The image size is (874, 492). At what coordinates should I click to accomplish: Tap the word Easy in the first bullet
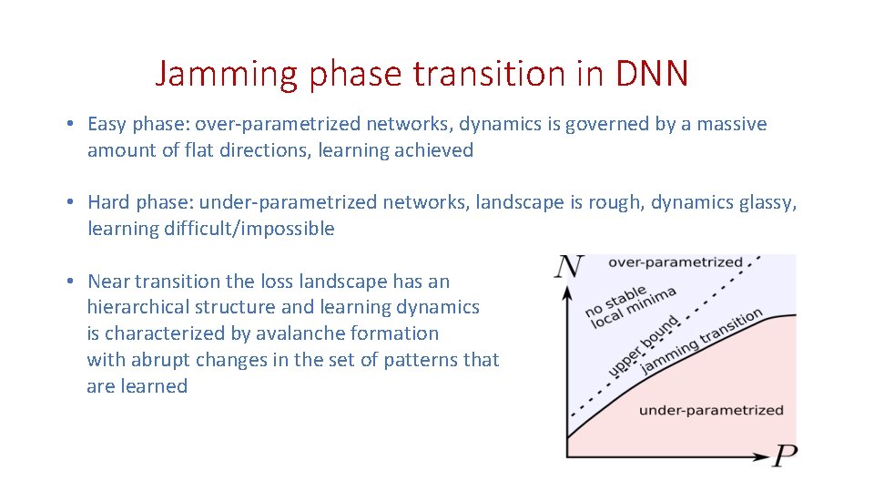(x=108, y=124)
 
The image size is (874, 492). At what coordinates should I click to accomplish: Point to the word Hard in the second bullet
(x=110, y=202)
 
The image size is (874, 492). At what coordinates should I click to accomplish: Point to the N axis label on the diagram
(x=569, y=267)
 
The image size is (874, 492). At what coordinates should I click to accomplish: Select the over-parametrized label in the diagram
(x=675, y=262)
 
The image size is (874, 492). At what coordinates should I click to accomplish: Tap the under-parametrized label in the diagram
(x=710, y=410)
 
